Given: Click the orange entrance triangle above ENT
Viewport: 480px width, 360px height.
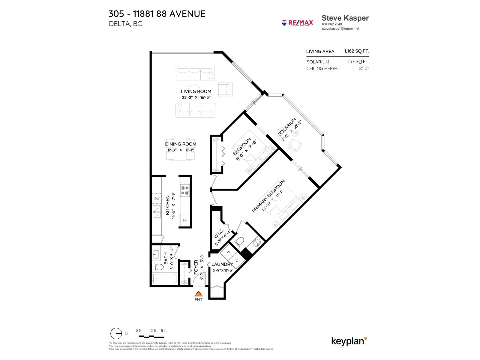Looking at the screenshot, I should point(198,294).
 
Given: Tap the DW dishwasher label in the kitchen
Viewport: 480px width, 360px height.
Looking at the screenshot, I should point(157,199).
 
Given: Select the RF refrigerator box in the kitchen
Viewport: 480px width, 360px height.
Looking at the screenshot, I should point(185,220).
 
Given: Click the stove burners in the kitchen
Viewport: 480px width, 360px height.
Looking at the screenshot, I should point(185,190).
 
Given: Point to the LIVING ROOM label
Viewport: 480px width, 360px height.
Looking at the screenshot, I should point(196,91).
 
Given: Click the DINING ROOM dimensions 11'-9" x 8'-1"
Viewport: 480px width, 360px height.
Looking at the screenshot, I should point(181,150).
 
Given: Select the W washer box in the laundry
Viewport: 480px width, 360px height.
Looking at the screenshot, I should point(228,252).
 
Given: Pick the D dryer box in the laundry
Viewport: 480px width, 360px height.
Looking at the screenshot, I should point(237,260).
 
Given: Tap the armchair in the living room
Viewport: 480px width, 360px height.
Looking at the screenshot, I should point(225,89).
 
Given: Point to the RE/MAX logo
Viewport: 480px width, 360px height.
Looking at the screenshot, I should point(297,23).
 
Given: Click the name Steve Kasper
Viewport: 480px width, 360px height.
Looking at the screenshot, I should point(345,18).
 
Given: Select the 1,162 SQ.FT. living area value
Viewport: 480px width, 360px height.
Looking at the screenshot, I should point(356,51).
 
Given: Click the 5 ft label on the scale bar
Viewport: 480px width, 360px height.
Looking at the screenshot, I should point(164,331).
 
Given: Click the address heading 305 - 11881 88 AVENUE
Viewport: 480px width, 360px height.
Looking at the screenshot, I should point(157,14).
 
